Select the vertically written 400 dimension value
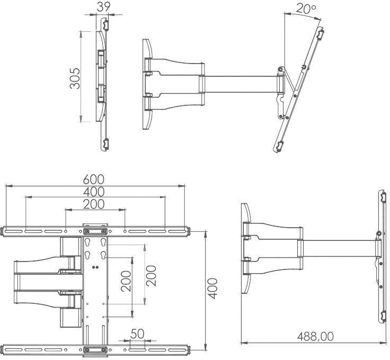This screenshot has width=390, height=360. pos(212,288)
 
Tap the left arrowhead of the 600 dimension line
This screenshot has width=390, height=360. pos(7,186)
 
